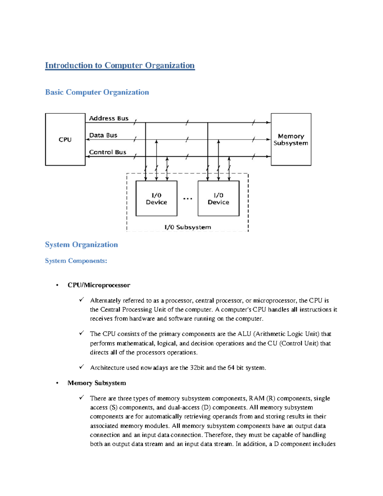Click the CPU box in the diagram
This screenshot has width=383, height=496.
point(65,140)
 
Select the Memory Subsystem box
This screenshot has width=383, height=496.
point(291,140)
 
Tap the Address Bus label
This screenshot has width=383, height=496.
point(109,118)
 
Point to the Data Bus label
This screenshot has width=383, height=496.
point(103,135)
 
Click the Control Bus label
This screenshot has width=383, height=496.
point(108,152)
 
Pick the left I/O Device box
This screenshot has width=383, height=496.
point(156,199)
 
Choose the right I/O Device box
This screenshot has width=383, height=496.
point(218,199)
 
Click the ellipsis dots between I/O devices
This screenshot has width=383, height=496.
point(188,199)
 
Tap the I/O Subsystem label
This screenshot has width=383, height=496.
point(188,227)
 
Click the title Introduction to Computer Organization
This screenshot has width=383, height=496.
point(120,65)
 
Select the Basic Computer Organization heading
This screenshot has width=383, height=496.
point(97,92)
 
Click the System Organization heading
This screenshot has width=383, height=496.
point(81,245)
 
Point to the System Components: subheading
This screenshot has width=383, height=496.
point(76,261)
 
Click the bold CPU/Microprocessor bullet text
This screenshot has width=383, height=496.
point(99,285)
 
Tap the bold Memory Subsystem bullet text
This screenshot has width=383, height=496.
point(97,383)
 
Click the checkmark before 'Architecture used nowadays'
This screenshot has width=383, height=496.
point(82,367)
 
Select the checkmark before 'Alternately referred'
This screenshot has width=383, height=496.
point(82,300)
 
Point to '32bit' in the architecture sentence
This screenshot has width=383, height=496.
point(197,368)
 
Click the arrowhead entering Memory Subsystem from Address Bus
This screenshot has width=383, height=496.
point(268,122)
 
